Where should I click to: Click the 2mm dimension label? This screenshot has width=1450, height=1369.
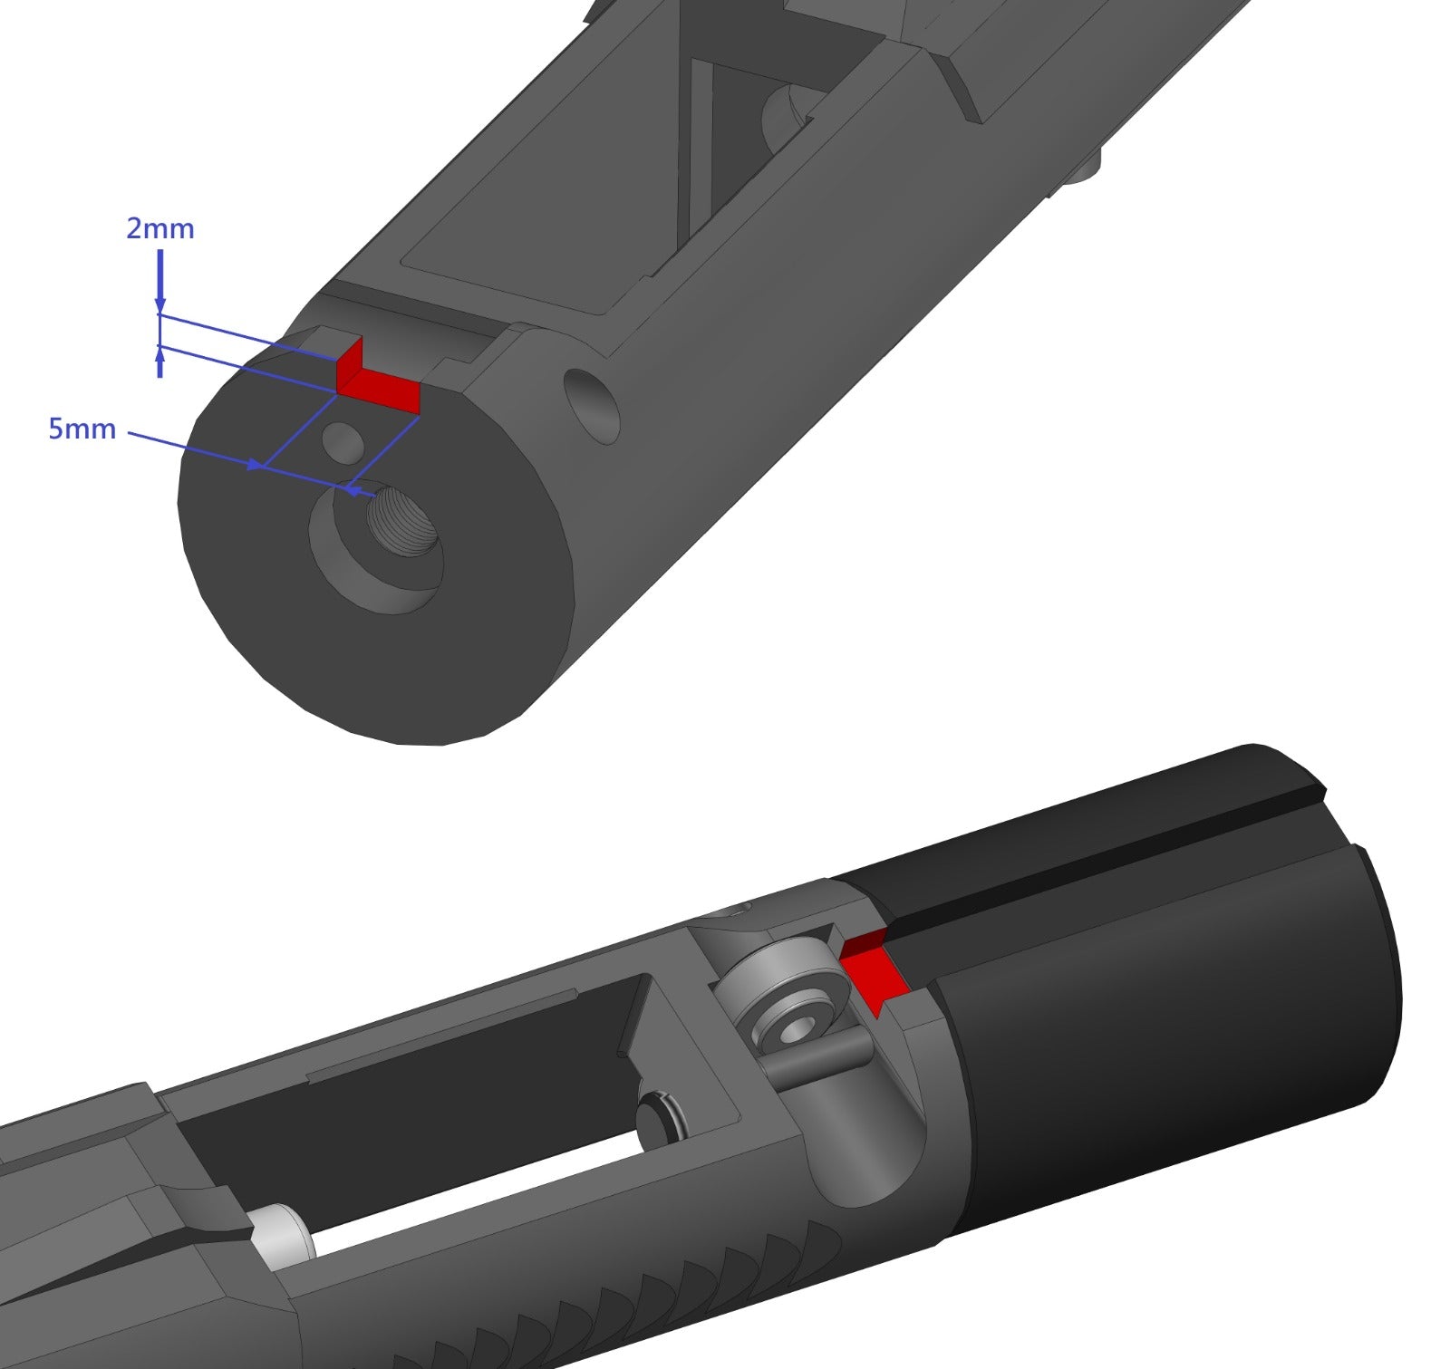(x=159, y=228)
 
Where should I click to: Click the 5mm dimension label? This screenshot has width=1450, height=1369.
(x=82, y=429)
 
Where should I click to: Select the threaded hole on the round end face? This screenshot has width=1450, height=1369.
(x=403, y=521)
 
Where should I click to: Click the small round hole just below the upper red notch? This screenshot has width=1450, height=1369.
(x=344, y=441)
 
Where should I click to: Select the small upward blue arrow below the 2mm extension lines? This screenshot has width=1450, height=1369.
(x=159, y=364)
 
